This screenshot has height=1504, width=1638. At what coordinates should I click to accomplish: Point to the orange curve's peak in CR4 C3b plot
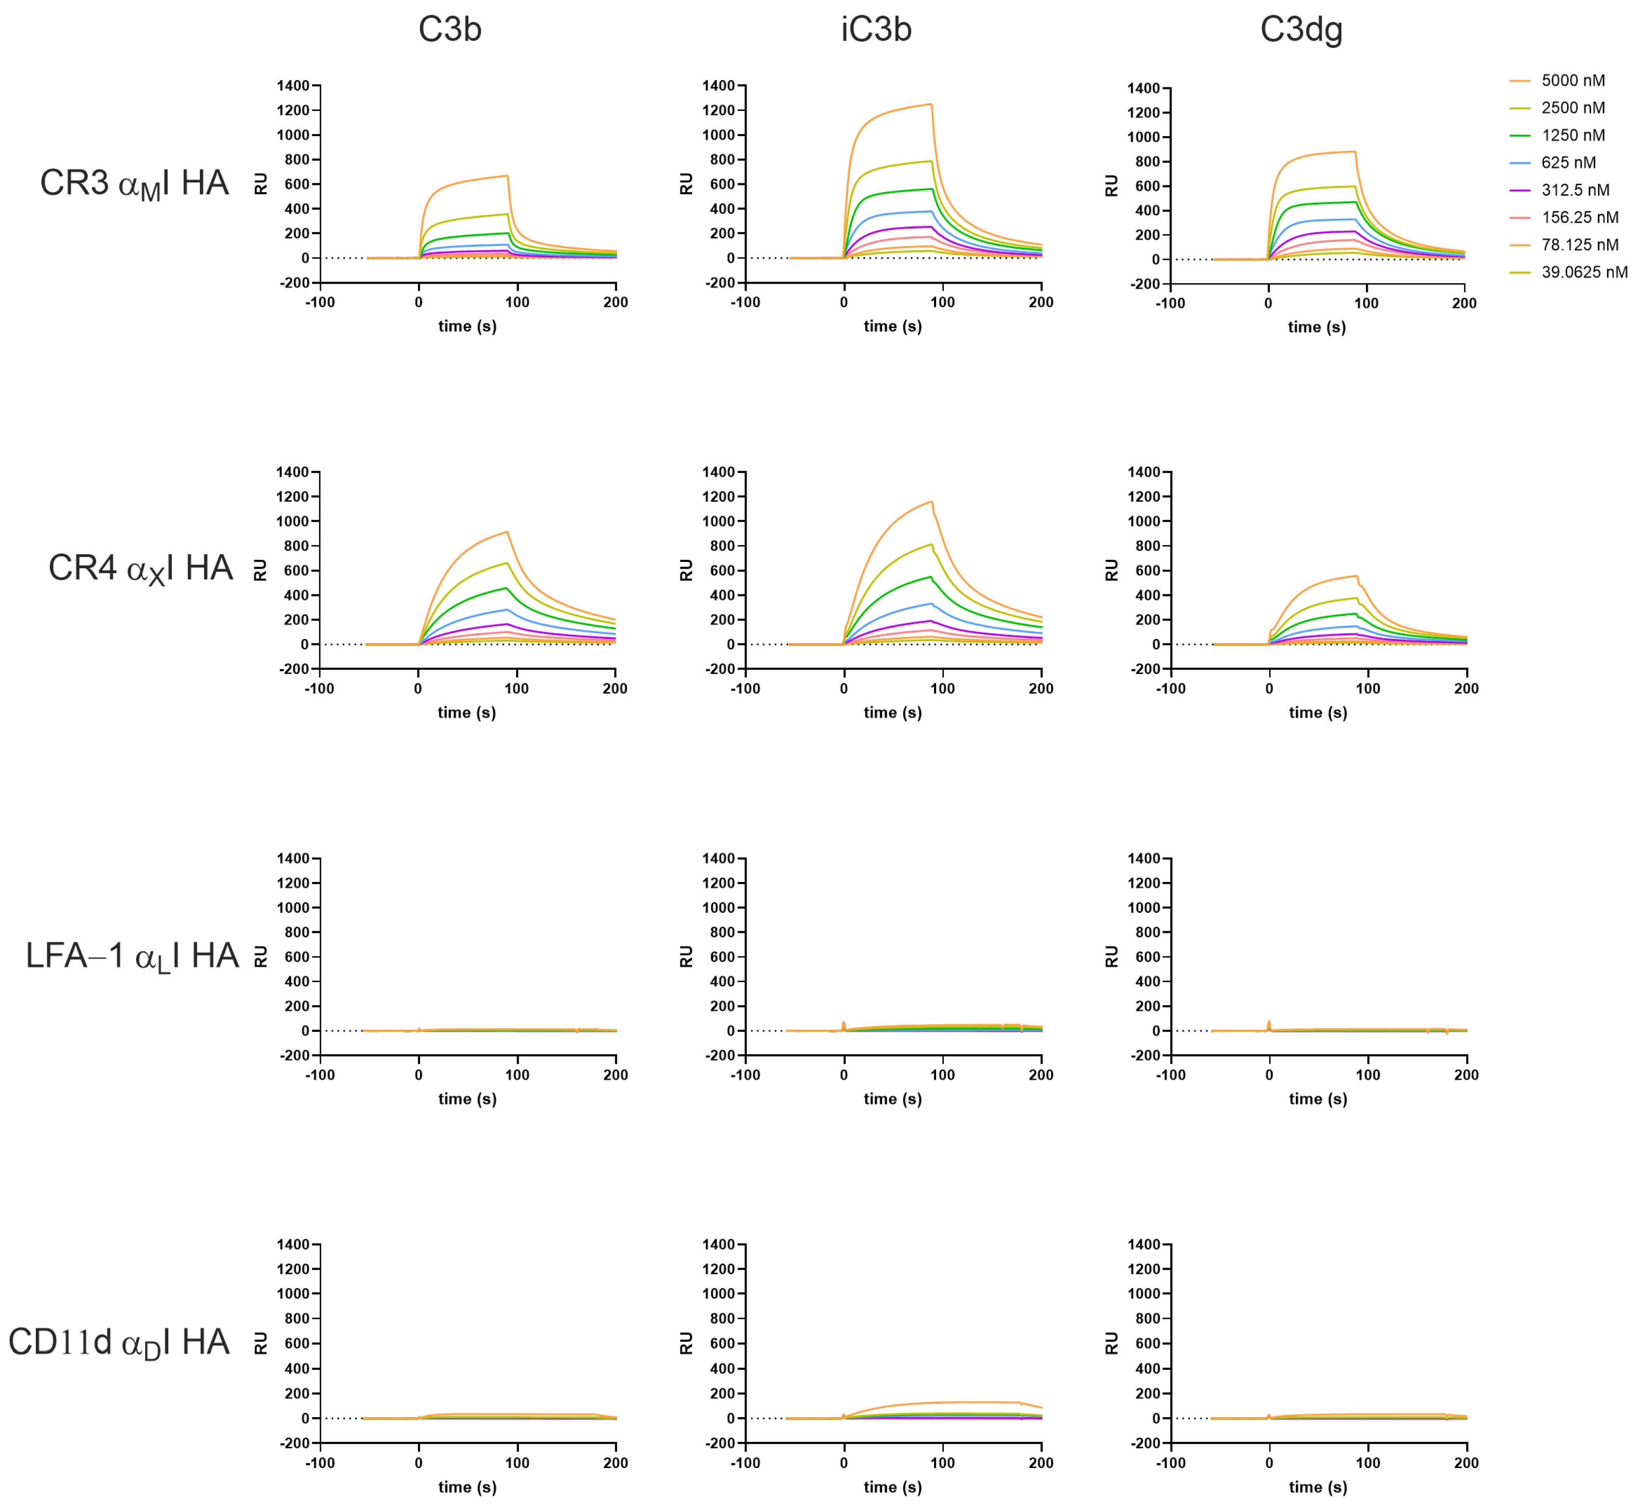click(x=507, y=532)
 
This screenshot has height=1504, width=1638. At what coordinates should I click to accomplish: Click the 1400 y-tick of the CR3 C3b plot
click(x=293, y=85)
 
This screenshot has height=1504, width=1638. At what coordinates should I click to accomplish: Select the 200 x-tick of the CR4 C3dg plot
click(x=1465, y=688)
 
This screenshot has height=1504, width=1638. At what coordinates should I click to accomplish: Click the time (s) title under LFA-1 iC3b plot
click(x=892, y=1099)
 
